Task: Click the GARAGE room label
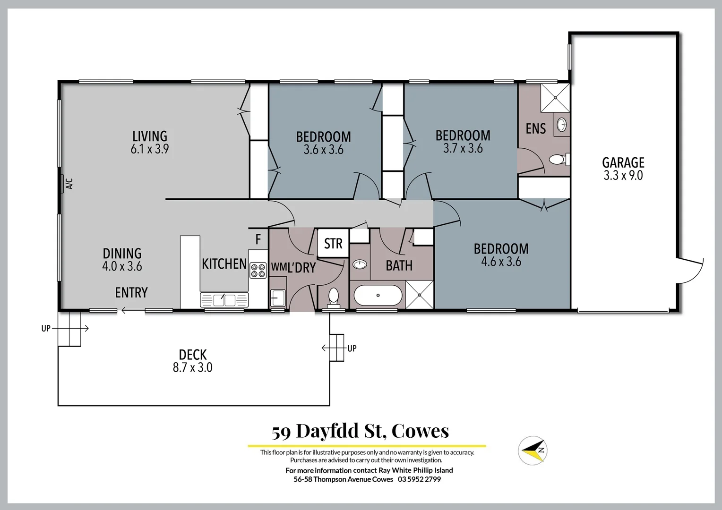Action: pos(623,162)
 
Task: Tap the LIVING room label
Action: pos(149,136)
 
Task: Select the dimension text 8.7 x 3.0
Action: pos(192,367)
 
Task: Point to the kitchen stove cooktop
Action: pos(258,271)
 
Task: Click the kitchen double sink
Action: pos(224,299)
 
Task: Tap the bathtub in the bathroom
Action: pos(378,296)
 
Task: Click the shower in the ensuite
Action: pos(555,97)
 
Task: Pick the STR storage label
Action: pos(333,244)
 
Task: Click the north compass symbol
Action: pos(533,450)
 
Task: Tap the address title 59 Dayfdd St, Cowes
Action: pos(360,431)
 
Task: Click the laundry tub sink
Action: pos(278,298)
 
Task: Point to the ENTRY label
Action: pos(131,293)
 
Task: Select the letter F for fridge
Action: pos(258,240)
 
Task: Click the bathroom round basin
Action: pos(360,264)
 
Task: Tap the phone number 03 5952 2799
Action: pos(419,479)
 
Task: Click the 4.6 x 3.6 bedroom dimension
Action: pos(501,262)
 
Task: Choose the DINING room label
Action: pos(122,254)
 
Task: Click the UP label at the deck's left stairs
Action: pos(46,328)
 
